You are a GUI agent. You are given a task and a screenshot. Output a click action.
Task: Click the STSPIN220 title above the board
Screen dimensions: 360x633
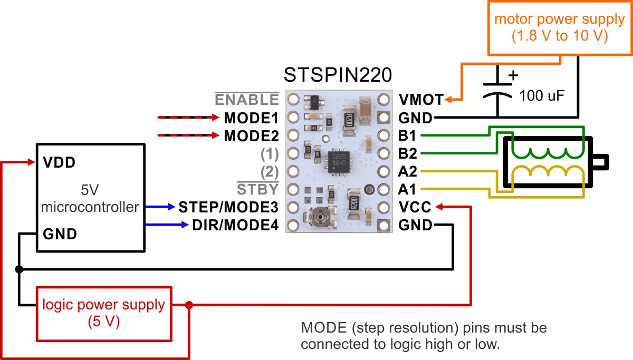point(338,75)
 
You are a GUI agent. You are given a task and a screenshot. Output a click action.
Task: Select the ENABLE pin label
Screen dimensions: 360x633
point(246,99)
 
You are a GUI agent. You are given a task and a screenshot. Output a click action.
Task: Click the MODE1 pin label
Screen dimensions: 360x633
point(251,118)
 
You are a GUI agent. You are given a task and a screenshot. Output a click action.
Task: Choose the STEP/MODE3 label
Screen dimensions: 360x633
point(228,207)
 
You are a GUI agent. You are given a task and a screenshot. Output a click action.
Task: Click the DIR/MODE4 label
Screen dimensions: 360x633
point(235,226)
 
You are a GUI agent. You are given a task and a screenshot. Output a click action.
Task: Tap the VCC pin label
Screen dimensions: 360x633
point(415,207)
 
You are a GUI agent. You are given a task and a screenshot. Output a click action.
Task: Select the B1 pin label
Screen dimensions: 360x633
point(407,135)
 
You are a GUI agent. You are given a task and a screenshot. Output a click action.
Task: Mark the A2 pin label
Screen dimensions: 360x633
point(408,171)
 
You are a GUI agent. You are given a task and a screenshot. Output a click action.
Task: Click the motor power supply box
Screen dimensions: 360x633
point(559,28)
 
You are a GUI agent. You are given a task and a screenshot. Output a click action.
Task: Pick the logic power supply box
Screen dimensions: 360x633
point(103,313)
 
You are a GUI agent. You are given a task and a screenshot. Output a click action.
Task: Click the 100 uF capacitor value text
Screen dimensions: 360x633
point(542,96)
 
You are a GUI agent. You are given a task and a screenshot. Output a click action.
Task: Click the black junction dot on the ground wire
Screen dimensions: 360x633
point(20,269)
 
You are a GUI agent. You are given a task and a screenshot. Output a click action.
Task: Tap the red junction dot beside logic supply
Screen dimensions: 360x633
point(189,305)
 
